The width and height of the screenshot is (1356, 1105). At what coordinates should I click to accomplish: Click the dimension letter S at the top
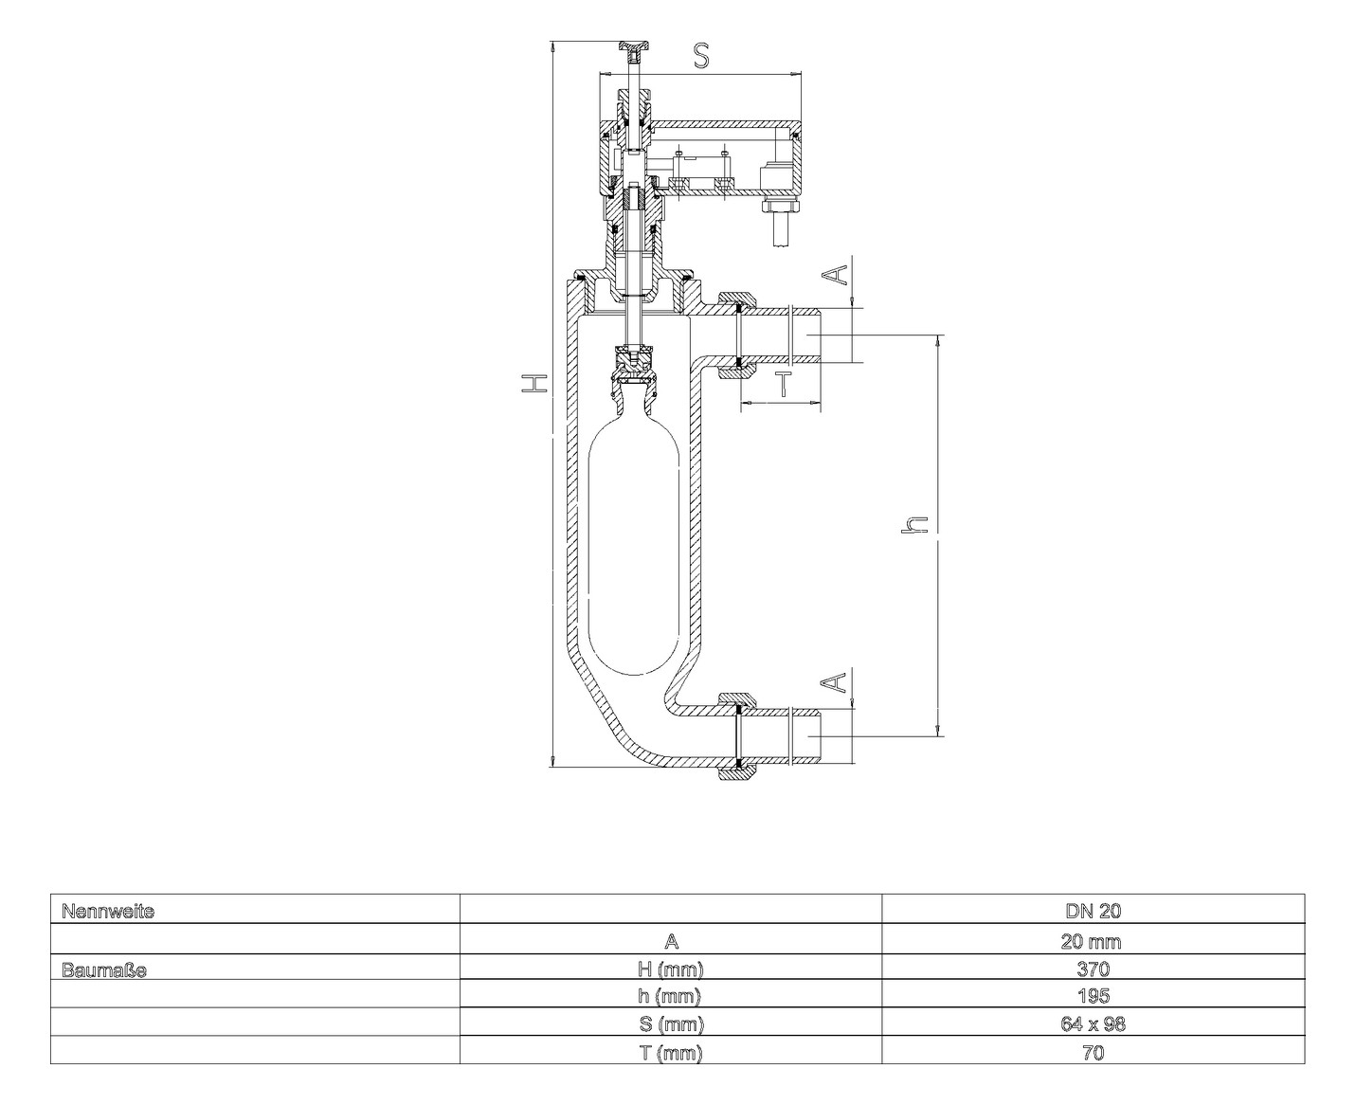tap(700, 56)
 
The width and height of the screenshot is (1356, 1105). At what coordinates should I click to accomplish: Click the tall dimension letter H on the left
tap(536, 383)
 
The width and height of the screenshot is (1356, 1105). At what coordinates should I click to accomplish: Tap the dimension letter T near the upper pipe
tap(783, 384)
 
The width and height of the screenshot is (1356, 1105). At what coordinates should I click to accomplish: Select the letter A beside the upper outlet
tap(834, 274)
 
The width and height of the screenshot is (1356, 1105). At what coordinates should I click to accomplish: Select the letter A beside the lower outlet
tap(834, 682)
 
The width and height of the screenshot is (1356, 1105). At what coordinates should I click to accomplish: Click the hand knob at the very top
tap(634, 46)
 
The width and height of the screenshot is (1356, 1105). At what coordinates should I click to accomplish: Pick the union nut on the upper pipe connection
tap(736, 336)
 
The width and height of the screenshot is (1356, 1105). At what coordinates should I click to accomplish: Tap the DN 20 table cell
tap(1093, 912)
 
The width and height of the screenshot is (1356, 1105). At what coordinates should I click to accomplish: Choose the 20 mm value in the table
tap(1093, 941)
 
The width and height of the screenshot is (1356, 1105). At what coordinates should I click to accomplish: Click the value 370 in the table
tap(1093, 969)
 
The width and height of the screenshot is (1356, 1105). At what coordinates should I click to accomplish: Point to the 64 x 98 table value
tap(1093, 1024)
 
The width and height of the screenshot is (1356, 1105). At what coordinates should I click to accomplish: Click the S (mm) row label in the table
tap(671, 1024)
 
